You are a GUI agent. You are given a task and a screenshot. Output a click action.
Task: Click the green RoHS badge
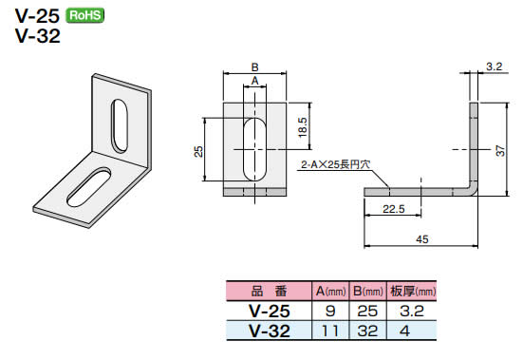point(85,14)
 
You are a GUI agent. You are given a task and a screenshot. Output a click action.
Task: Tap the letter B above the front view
point(253,66)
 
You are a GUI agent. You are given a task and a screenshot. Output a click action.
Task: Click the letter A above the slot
point(253,83)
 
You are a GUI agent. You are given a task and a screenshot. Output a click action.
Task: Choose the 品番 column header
point(269,291)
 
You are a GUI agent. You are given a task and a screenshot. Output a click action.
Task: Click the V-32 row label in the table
point(269,330)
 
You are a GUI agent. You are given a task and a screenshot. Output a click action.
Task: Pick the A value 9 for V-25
point(330,310)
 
